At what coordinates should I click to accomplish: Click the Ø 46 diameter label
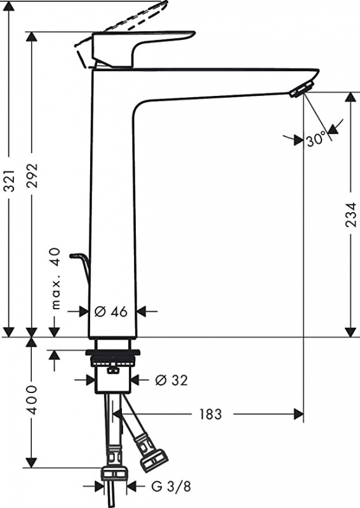pyautogui.click(x=112, y=311)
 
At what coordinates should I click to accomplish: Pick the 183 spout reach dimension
pyautogui.click(x=209, y=414)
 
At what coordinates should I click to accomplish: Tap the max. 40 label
pyautogui.click(x=55, y=279)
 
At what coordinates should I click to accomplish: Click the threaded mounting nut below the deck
pyautogui.click(x=112, y=359)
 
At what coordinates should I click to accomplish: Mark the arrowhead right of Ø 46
pyautogui.click(x=142, y=311)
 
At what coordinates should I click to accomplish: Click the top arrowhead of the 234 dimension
pyautogui.click(x=352, y=97)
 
